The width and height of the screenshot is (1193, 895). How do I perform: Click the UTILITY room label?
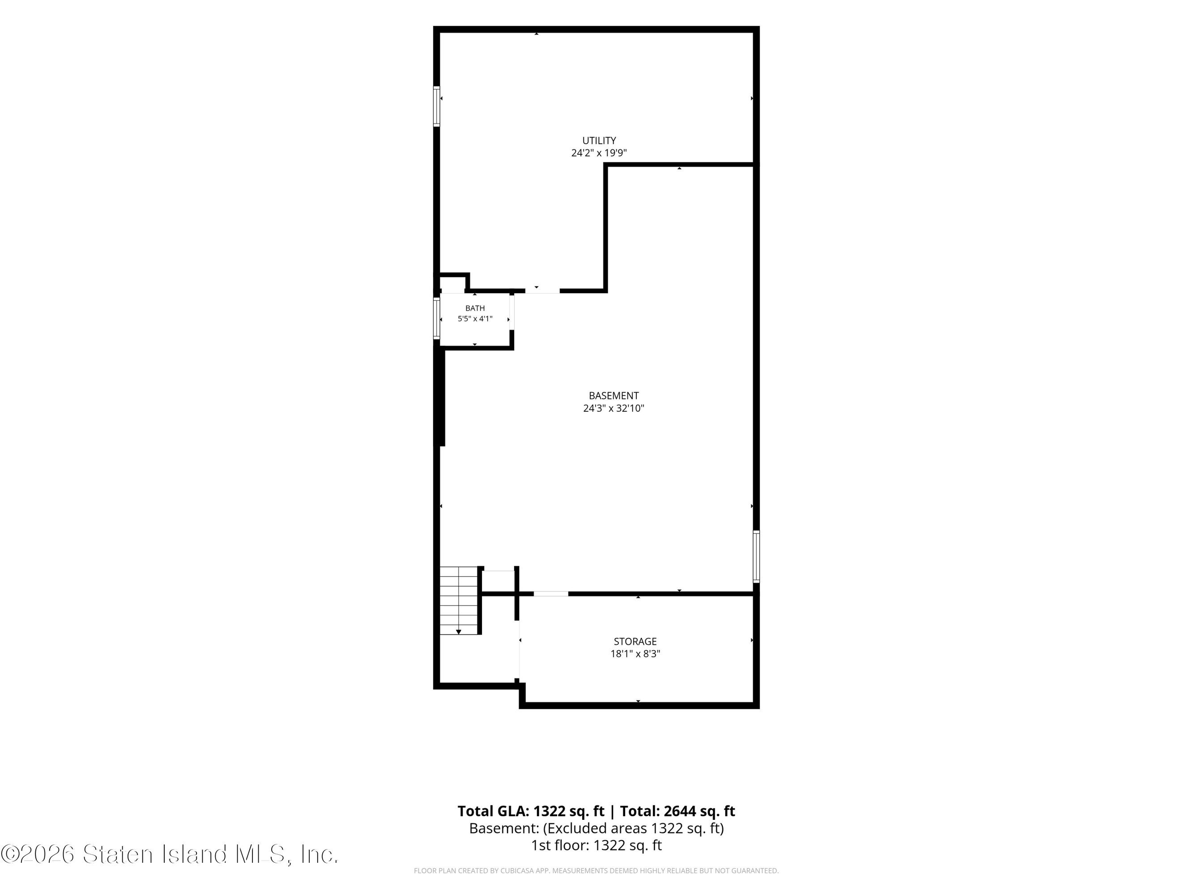coord(599,140)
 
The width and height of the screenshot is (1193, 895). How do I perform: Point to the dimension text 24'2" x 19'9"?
coord(599,153)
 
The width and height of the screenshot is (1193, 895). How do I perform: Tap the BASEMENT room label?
coord(614,396)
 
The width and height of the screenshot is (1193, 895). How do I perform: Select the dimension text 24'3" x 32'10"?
coord(614,409)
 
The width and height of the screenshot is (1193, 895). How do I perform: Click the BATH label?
coord(475,308)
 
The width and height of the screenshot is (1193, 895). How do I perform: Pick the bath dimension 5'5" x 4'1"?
coord(475,318)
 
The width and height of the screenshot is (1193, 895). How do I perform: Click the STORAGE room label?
coord(635,641)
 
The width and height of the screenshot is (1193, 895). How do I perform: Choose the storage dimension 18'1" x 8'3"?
coord(635,654)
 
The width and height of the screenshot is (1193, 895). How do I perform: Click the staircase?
coord(459,601)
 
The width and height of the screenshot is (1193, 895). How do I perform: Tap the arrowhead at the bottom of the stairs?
coord(458,632)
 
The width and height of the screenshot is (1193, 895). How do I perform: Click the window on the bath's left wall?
coord(436,318)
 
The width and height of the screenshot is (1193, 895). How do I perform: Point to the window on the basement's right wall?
coord(756,556)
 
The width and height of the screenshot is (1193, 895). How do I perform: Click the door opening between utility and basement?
coord(542,291)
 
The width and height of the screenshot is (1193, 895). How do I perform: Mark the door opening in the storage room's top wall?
coord(551,593)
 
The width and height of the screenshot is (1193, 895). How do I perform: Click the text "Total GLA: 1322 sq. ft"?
coord(531,811)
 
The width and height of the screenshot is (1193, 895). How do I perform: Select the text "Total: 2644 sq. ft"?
coord(677,811)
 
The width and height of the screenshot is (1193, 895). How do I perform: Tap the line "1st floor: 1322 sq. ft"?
coord(596,845)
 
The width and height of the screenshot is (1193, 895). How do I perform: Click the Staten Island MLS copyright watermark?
coord(169,854)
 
